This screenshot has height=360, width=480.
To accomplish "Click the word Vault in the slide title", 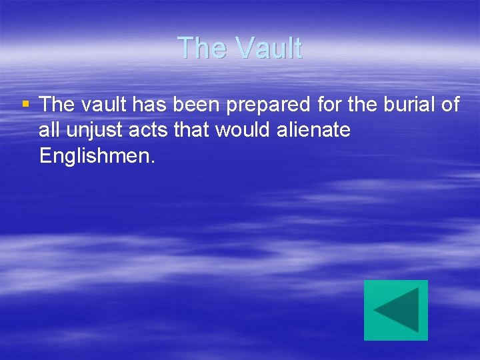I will click(270, 48).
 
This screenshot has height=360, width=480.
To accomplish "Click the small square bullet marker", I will click(25, 104).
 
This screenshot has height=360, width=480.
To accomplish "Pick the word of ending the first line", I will click(450, 105).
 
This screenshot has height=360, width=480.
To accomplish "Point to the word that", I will click(191, 130).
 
